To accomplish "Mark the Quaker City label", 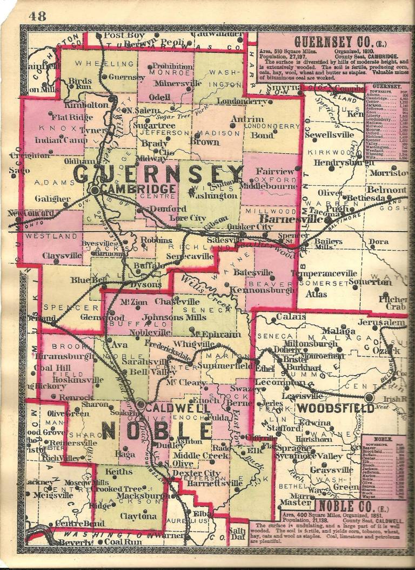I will click(250, 227).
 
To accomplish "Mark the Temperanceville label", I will click(331, 273).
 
